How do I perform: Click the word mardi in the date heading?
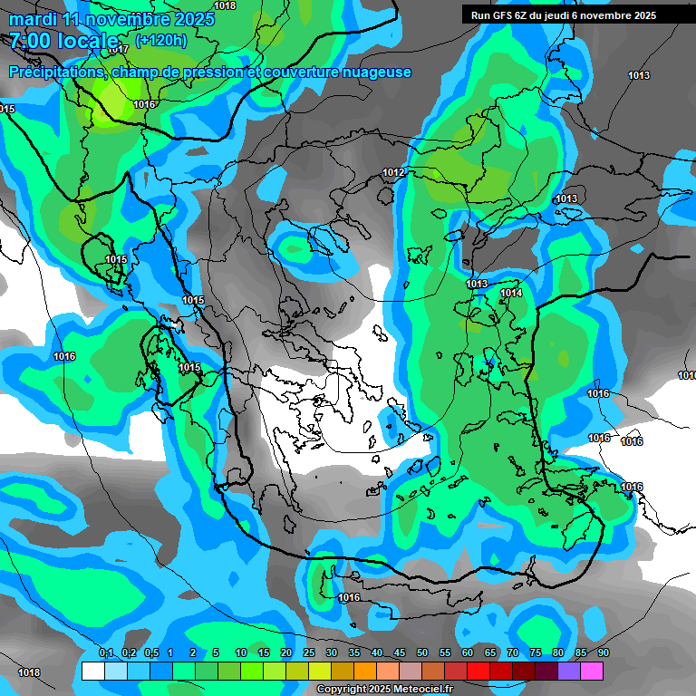click(31, 19)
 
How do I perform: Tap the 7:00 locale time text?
click(64, 41)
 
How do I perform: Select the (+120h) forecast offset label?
click(160, 40)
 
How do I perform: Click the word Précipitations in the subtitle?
click(55, 72)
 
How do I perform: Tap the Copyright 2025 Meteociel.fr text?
click(384, 690)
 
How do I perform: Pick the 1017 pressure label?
click(117, 49)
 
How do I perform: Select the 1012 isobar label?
click(393, 172)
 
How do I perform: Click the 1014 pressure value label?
click(511, 293)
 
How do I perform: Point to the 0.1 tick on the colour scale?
click(105, 653)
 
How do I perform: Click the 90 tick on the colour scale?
click(603, 653)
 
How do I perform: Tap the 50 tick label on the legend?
click(421, 653)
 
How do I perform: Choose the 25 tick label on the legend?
click(308, 653)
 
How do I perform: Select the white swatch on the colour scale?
click(92, 671)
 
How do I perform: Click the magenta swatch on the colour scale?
click(592, 671)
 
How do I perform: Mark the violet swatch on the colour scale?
click(569, 671)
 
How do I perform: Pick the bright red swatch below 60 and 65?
click(478, 671)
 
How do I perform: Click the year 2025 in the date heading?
click(195, 19)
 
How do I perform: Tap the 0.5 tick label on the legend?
click(151, 653)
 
